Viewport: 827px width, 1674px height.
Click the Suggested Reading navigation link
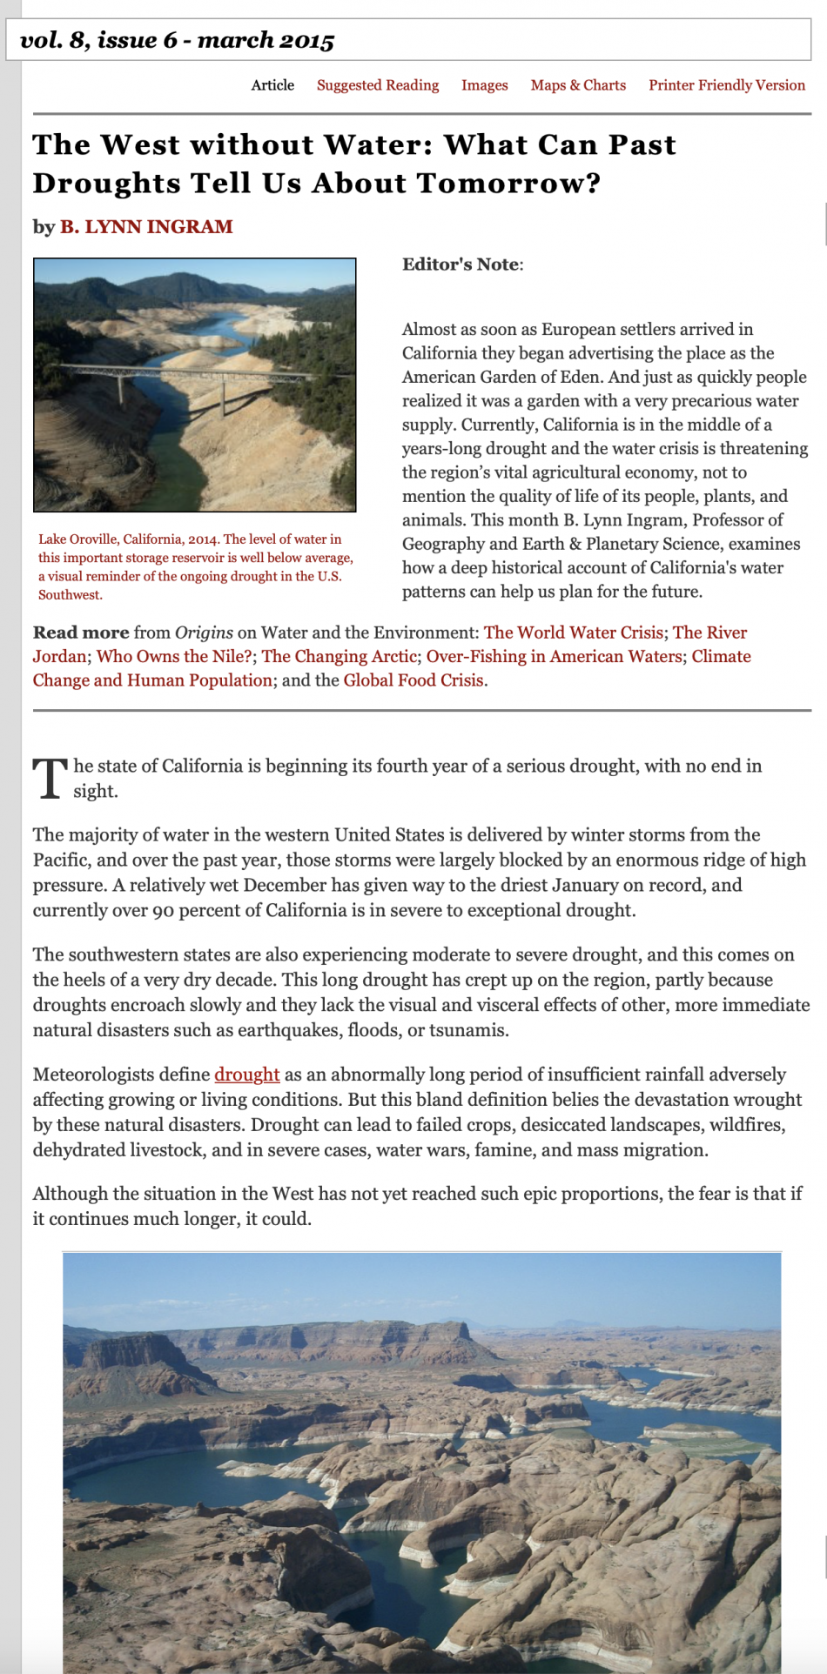(x=378, y=85)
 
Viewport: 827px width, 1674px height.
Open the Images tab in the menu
(x=484, y=85)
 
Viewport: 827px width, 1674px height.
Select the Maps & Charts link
(x=578, y=85)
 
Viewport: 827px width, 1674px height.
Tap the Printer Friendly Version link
(x=726, y=85)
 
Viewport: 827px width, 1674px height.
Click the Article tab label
(x=272, y=85)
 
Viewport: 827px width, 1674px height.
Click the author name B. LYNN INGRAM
(x=145, y=227)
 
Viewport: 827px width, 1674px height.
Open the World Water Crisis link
(x=573, y=633)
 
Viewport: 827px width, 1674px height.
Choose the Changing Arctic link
(x=339, y=657)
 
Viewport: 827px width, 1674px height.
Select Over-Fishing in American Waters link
(x=554, y=657)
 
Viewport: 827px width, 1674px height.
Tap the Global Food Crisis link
(x=413, y=680)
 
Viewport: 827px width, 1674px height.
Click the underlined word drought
(x=247, y=1075)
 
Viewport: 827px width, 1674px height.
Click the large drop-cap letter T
(x=50, y=778)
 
